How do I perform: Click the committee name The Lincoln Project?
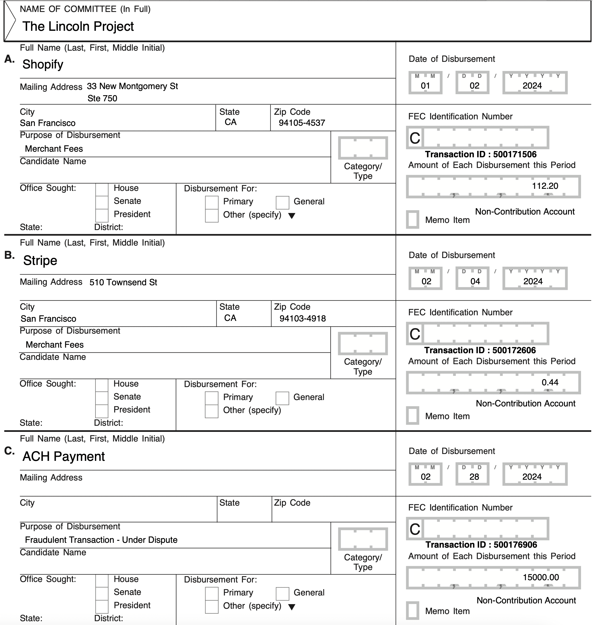click(x=78, y=26)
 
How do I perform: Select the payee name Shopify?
click(x=43, y=64)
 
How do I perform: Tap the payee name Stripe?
click(x=40, y=261)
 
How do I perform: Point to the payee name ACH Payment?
click(x=64, y=457)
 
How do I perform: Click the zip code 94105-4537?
click(x=302, y=123)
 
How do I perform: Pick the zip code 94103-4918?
click(x=303, y=319)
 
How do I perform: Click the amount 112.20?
click(x=545, y=186)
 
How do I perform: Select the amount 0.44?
click(x=550, y=382)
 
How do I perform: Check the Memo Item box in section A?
click(x=413, y=219)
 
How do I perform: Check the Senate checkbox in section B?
click(x=102, y=398)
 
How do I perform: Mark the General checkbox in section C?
click(x=282, y=594)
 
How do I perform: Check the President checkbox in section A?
click(x=102, y=215)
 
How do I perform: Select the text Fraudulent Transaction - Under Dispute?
click(x=101, y=540)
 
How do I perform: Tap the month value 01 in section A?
click(x=425, y=86)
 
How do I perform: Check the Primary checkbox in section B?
click(x=211, y=398)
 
